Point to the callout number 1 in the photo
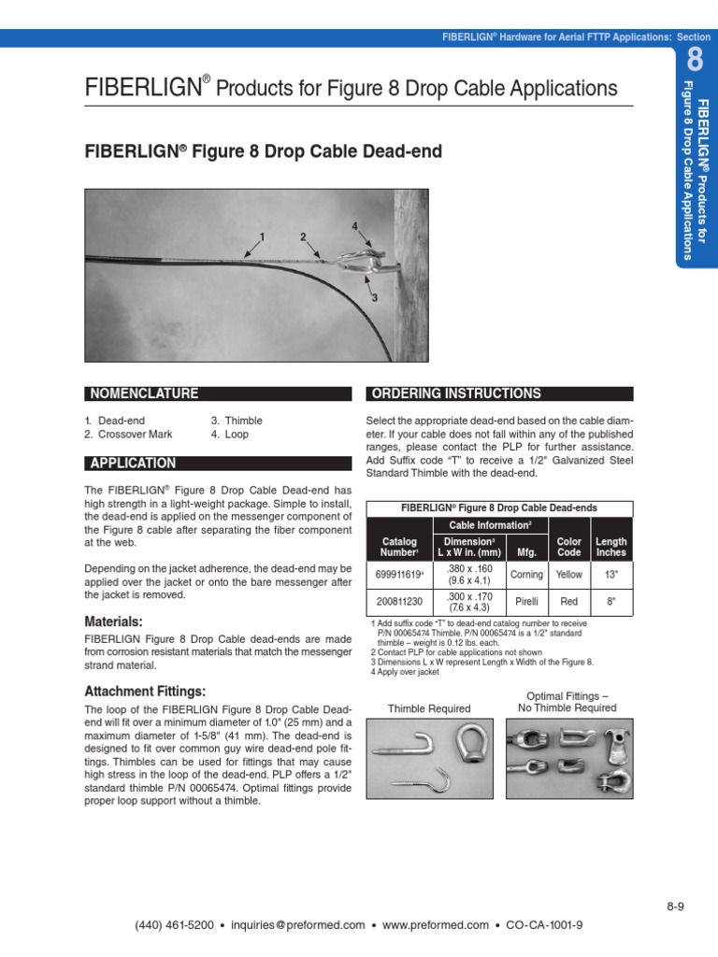(x=264, y=236)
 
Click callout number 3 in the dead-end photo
(x=374, y=298)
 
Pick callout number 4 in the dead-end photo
(x=354, y=226)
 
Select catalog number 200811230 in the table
(x=399, y=603)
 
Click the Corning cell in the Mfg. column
(x=526, y=575)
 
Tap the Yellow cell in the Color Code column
(x=568, y=575)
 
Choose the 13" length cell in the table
(x=611, y=575)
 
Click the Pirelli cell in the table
(x=526, y=603)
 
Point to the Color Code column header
(x=568, y=547)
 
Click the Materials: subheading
(x=113, y=621)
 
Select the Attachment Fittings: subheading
(x=145, y=692)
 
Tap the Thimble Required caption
(x=429, y=708)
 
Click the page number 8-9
(x=676, y=906)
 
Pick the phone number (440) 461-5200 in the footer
(x=176, y=925)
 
